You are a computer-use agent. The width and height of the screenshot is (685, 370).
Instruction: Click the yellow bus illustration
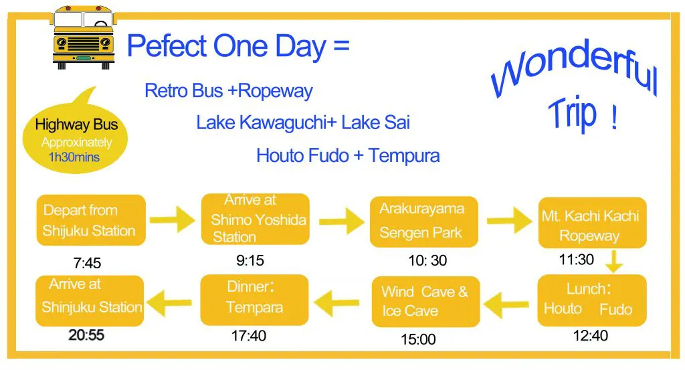[83, 37]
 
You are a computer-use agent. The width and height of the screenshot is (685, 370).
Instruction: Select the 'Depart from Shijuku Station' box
[91, 220]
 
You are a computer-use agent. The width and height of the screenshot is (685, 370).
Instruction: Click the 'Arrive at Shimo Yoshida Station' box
[256, 219]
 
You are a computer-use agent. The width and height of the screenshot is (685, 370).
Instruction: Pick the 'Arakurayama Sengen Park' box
[423, 221]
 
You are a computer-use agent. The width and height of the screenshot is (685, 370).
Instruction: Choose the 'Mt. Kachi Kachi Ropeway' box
[592, 223]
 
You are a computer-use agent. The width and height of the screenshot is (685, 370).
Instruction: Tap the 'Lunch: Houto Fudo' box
[592, 300]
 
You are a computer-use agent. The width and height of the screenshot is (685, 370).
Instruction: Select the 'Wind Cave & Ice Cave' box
[426, 301]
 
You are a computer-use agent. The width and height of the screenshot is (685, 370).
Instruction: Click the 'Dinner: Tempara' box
[254, 300]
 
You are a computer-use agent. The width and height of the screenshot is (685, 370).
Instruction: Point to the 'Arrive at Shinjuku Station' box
[90, 300]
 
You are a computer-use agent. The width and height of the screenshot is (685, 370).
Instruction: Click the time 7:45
[87, 263]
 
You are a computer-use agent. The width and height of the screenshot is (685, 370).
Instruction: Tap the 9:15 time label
[250, 260]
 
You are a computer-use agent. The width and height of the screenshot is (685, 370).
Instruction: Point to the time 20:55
[86, 335]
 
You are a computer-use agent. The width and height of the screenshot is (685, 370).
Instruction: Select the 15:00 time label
[419, 339]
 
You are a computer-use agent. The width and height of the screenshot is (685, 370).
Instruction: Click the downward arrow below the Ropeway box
[614, 261]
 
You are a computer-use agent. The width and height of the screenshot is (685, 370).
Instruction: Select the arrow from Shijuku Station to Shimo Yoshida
[173, 219]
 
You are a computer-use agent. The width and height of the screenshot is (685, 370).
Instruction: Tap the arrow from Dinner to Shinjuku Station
[169, 302]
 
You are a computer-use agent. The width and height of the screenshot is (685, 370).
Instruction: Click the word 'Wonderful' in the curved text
[575, 68]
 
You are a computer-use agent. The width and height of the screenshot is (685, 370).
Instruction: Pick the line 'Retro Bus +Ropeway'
[229, 91]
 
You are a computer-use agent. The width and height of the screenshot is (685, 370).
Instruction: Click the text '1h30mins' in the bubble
[74, 157]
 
